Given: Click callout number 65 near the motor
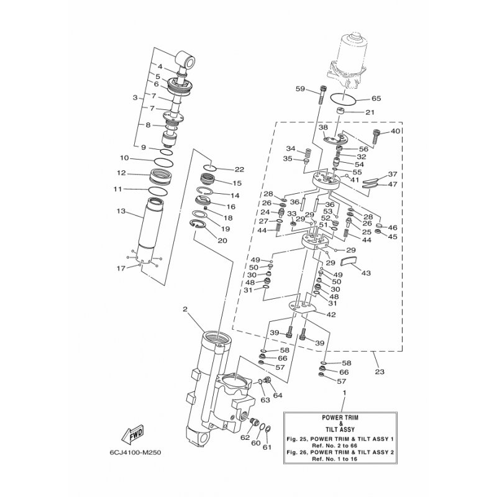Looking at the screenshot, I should pyautogui.click(x=376, y=99).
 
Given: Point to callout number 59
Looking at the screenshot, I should pyautogui.click(x=301, y=89).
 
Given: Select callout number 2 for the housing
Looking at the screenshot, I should pyautogui.click(x=185, y=309).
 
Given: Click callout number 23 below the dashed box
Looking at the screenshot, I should pyautogui.click(x=380, y=372).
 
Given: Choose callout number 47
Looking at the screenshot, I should pyautogui.click(x=392, y=185).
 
